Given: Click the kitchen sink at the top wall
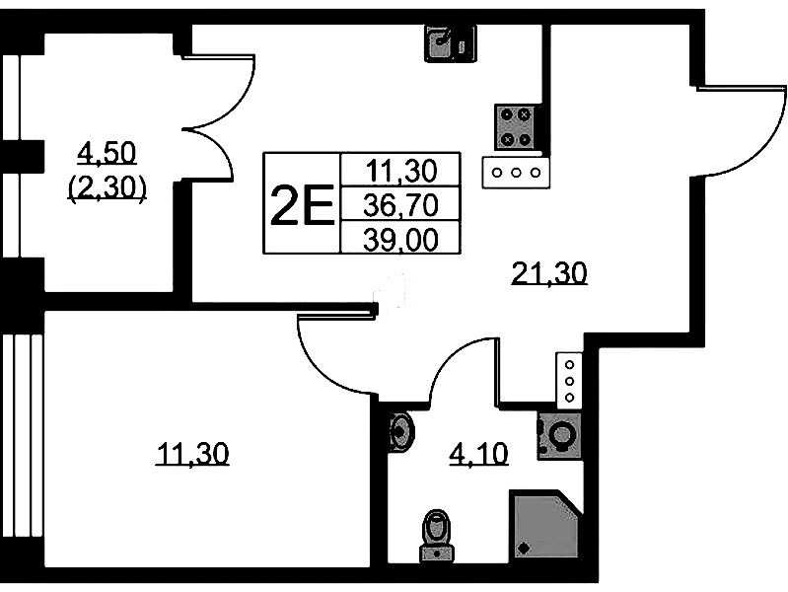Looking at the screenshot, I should click(450, 42).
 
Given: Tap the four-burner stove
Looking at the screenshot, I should click(517, 127).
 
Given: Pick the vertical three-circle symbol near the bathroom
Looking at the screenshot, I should click(570, 381).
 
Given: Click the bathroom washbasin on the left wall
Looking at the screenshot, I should click(400, 430).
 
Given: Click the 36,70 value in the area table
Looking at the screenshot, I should click(399, 204).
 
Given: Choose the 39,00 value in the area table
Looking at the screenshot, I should click(399, 238).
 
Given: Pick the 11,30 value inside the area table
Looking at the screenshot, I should click(399, 172).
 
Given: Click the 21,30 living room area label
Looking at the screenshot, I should click(549, 271).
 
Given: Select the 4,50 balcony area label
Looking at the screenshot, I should click(107, 153).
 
